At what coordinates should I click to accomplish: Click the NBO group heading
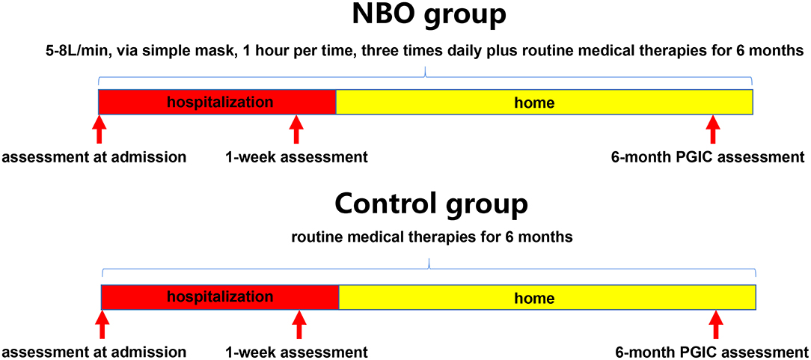(x=429, y=17)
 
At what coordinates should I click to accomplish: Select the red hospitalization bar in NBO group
(x=217, y=101)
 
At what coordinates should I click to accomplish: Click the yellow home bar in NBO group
(x=544, y=101)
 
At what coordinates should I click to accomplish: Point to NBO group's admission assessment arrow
(x=100, y=129)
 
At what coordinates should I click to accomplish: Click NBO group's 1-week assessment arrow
(x=296, y=129)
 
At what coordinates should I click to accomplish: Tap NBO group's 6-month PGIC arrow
(x=713, y=129)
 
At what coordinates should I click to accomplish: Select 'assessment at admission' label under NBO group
(x=94, y=156)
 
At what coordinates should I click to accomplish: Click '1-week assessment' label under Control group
(x=296, y=353)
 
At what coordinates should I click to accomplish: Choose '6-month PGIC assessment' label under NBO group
(x=708, y=156)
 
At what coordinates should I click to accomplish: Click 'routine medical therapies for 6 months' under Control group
(x=432, y=238)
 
